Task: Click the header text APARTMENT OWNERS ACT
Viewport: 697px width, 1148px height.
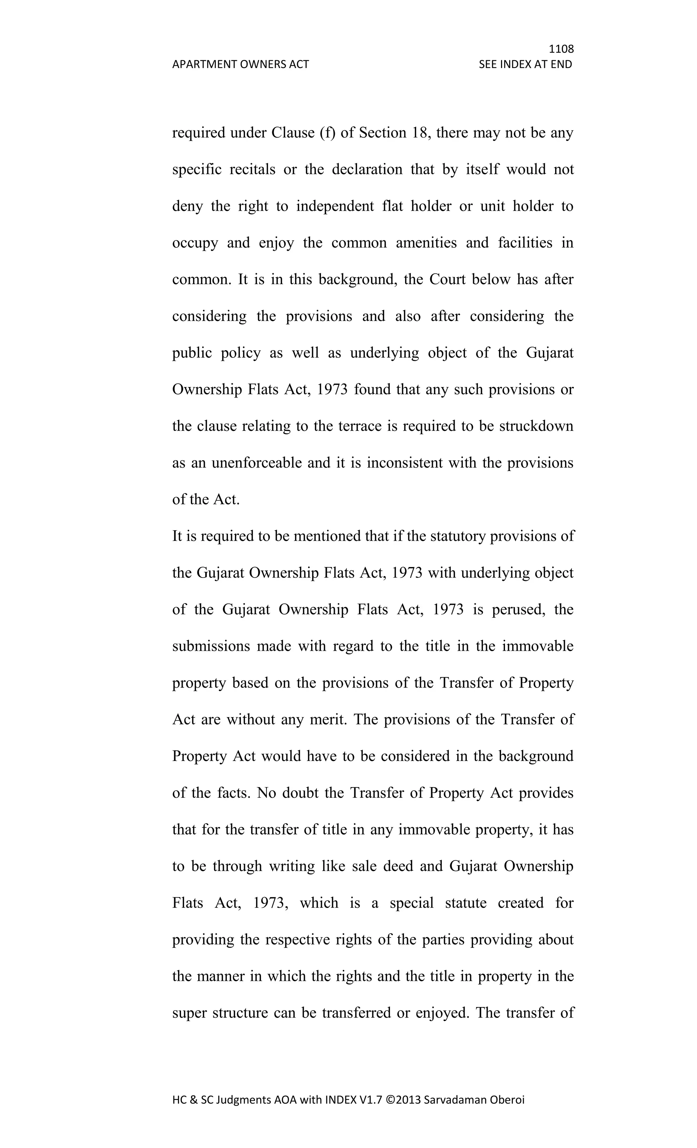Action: click(240, 64)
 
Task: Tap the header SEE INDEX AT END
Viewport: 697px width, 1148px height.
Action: click(525, 64)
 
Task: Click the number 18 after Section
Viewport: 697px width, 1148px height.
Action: click(420, 133)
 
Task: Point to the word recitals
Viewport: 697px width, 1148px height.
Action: click(253, 169)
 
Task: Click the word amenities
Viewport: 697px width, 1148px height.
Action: click(426, 243)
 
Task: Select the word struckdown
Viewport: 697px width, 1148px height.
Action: click(536, 426)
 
